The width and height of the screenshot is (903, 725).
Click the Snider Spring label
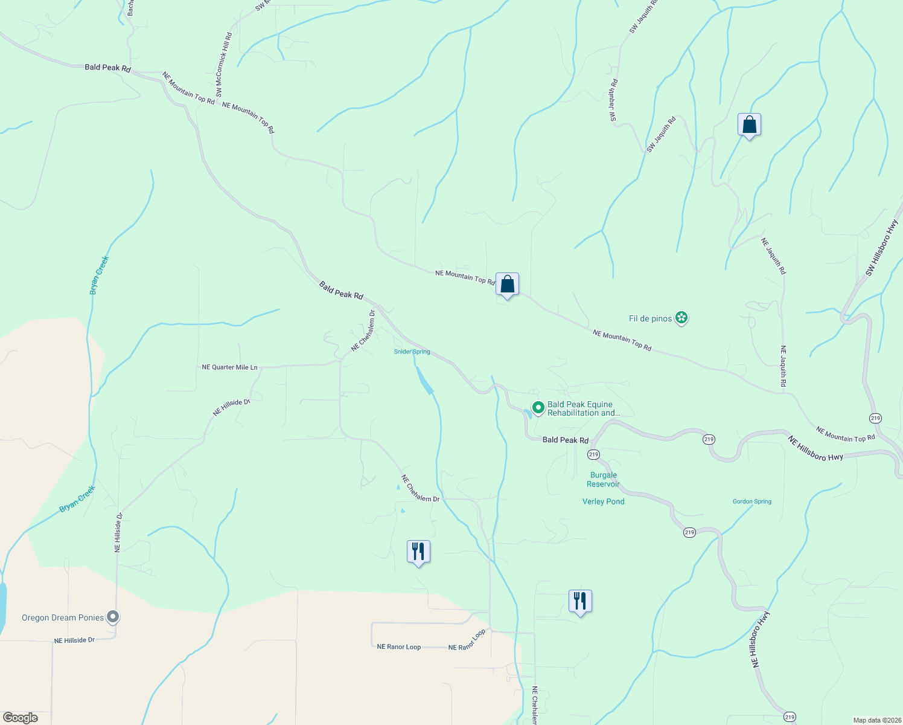412,352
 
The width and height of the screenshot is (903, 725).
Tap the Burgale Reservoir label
603,480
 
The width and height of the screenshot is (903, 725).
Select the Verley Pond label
603,501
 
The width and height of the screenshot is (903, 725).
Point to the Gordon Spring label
751,501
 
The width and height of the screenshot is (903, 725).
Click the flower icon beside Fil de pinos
681,318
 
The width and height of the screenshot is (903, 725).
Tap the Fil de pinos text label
650,318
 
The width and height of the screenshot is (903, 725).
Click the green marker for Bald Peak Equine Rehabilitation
538,408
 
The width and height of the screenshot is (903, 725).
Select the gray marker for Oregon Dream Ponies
113,617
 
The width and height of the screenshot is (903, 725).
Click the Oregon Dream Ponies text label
63,617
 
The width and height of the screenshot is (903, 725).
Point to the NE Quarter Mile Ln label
229,367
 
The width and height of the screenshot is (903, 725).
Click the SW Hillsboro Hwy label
882,248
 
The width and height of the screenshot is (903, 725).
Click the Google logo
21,718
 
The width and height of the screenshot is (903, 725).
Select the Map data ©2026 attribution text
876,720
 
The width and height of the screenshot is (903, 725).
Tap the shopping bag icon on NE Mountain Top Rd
507,284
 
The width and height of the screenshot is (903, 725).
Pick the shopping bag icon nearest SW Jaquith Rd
749,125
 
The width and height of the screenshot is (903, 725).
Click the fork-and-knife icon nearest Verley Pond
580,601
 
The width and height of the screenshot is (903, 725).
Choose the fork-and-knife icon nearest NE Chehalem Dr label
418,552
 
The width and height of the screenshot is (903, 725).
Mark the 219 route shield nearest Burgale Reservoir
593,454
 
